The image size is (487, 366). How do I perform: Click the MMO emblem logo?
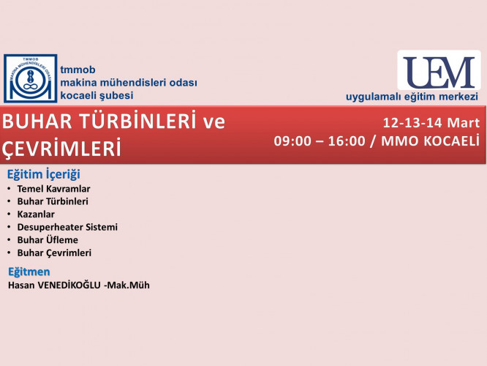pyautogui.click(x=31, y=78)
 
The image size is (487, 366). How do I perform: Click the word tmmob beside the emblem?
pyautogui.click(x=78, y=70)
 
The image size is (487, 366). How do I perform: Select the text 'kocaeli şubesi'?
pyautogui.click(x=97, y=95)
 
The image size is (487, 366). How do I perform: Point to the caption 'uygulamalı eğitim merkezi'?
pyautogui.click(x=412, y=97)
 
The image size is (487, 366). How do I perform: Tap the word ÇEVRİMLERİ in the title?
pyautogui.click(x=61, y=149)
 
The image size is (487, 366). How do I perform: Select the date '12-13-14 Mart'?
pyautogui.click(x=431, y=122)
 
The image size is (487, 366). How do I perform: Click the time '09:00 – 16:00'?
pyautogui.click(x=320, y=141)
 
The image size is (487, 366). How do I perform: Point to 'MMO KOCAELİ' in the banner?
pyautogui.click(x=430, y=141)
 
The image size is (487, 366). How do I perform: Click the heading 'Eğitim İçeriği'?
pyautogui.click(x=43, y=174)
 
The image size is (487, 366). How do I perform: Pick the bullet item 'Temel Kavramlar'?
pyautogui.click(x=53, y=189)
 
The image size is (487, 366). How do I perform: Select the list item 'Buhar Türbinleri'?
pyautogui.click(x=53, y=201)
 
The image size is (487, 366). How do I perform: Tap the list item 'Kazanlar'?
pyautogui.click(x=36, y=214)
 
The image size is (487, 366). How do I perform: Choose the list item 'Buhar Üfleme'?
pyautogui.click(x=48, y=240)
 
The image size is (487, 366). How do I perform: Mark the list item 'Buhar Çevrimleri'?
pyautogui.click(x=54, y=253)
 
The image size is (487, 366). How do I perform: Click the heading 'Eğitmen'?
pyautogui.click(x=29, y=272)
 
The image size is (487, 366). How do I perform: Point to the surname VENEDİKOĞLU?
pyautogui.click(x=69, y=285)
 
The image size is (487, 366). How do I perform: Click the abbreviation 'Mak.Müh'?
pyautogui.click(x=128, y=285)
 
